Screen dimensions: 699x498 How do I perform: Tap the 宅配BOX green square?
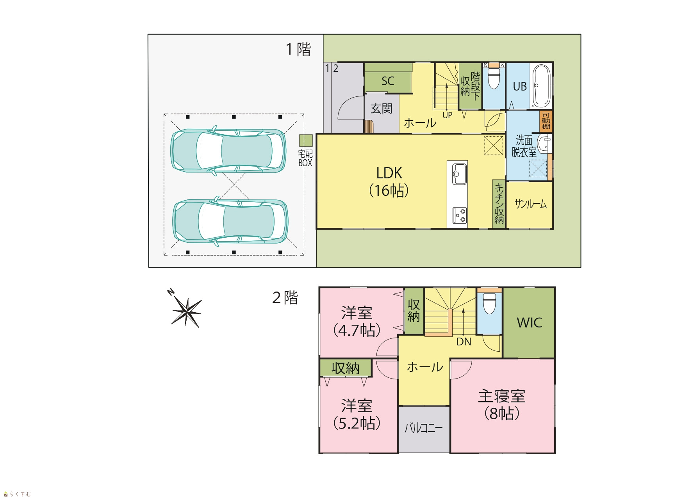(306, 141)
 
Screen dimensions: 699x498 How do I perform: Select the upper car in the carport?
(228, 150)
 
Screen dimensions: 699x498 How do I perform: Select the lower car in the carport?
(230, 222)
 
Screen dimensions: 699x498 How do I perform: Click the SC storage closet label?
(388, 81)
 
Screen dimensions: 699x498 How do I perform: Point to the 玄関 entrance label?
(381, 108)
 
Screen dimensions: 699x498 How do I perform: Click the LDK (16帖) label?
(389, 181)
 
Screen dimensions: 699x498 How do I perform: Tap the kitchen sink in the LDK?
(459, 174)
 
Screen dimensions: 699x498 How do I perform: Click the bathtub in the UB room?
(541, 86)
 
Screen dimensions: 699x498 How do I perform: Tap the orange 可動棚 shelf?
(546, 122)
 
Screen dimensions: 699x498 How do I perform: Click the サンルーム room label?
(530, 204)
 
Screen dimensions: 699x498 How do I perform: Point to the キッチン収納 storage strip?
(499, 204)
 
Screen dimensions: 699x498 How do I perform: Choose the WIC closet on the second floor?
(529, 323)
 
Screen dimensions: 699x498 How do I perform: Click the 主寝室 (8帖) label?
(502, 405)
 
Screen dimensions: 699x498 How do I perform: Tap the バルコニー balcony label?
(424, 428)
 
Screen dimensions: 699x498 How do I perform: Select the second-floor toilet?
(489, 303)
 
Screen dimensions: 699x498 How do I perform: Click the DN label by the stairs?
(464, 342)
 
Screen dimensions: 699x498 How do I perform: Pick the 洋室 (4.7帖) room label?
(357, 322)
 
